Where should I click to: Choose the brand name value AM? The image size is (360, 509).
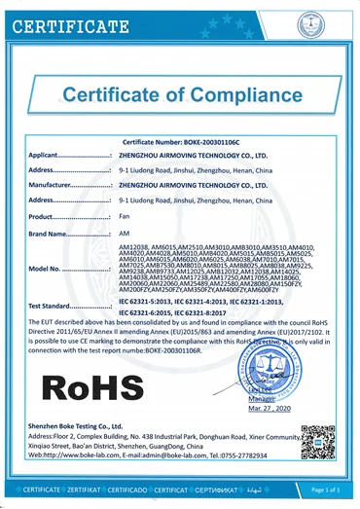coord(123,234)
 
